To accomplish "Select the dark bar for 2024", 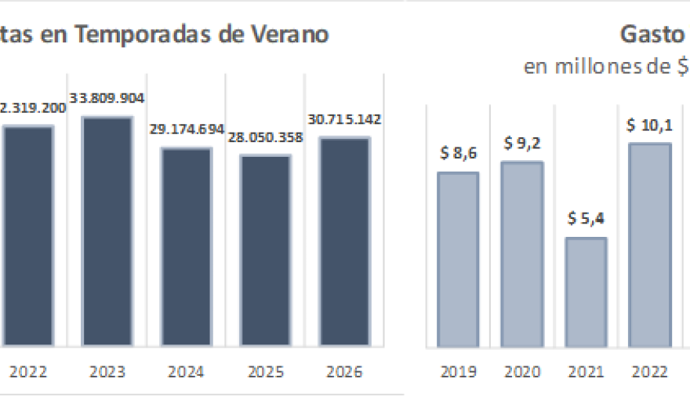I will click(187, 246).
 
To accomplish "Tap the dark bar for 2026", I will click(344, 242).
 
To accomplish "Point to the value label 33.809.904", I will click(107, 98).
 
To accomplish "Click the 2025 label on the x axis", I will click(265, 371).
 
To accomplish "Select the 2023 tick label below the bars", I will click(107, 371).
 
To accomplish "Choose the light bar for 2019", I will click(458, 260).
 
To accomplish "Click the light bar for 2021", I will click(586, 292).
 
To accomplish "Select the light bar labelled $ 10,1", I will click(649, 245).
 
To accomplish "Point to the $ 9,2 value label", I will click(522, 144).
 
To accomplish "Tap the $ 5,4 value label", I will click(586, 220).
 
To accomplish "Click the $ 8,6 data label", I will click(458, 155).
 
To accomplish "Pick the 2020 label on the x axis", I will click(522, 371).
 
